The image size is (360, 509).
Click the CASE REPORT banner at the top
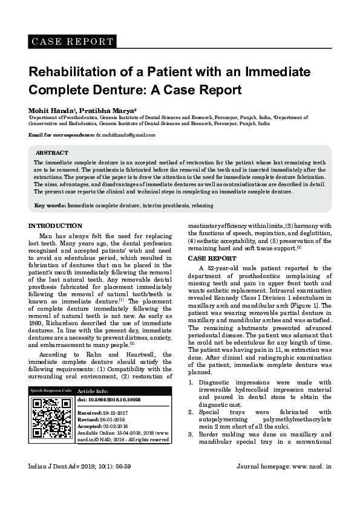coord(72,42)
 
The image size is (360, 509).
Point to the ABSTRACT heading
coord(51,153)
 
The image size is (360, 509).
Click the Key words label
coord(50,206)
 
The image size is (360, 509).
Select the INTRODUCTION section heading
coord(56,226)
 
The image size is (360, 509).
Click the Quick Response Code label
coord(51,391)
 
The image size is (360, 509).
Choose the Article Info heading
coord(93,392)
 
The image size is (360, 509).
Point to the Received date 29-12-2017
coord(116,413)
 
